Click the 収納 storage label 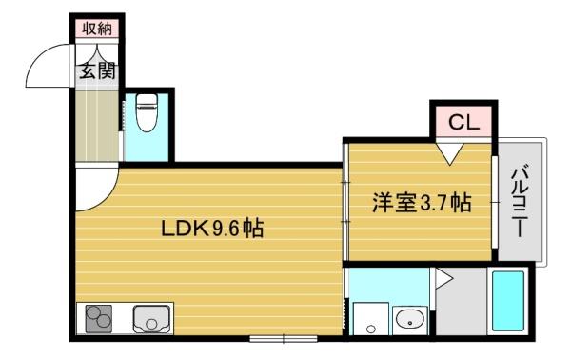coord(96,28)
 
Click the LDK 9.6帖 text coord(212,229)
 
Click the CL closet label coord(463,122)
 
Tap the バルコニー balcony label coord(521,201)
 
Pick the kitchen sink coord(150,318)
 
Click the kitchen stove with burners coord(99,318)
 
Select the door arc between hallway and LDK coord(96,190)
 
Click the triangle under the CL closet coord(450,150)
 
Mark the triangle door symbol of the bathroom coord(443,279)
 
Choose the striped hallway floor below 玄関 coord(96,124)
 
